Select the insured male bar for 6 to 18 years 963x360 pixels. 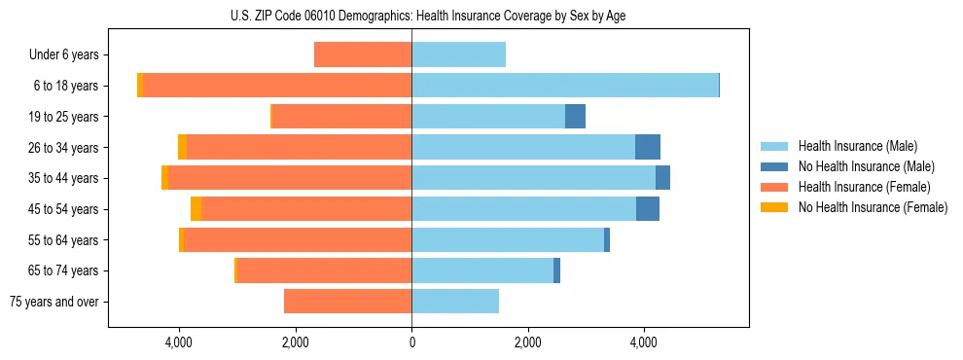[x=564, y=86]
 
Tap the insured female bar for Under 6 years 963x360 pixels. [x=362, y=54]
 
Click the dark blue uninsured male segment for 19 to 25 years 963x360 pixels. [x=575, y=117]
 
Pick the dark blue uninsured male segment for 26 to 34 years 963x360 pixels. [x=647, y=147]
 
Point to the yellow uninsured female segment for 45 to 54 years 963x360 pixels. [x=196, y=209]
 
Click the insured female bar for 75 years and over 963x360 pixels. [x=347, y=302]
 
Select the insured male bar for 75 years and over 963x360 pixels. [x=454, y=302]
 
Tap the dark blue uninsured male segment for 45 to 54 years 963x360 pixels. [x=647, y=209]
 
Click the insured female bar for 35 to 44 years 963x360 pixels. [x=289, y=178]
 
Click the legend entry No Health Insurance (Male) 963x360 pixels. [x=866, y=166]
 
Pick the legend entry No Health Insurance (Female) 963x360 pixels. [x=872, y=207]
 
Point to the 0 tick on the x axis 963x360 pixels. [x=411, y=342]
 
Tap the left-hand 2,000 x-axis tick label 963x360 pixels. [x=296, y=342]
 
